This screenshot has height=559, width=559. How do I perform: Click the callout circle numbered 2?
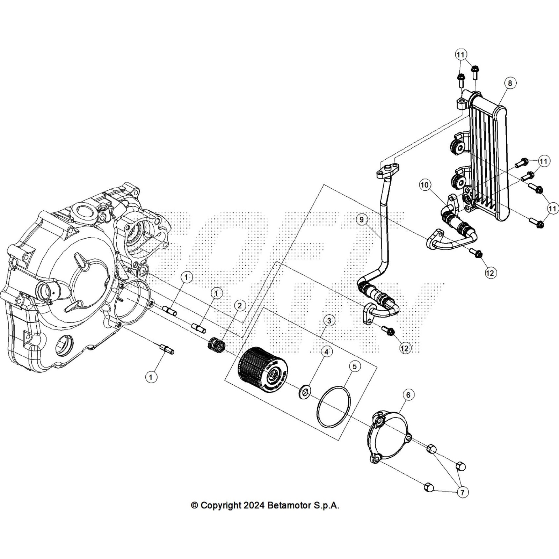[239, 306]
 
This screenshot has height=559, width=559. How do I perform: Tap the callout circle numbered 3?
[329, 320]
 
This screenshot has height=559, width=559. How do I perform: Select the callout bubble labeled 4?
[326, 352]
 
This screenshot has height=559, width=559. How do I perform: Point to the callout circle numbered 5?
[355, 366]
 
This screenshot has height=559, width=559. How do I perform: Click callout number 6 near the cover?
[408, 395]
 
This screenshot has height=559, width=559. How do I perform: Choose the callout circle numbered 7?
[462, 493]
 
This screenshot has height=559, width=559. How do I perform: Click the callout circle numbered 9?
[362, 219]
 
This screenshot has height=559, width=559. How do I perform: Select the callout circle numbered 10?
[425, 185]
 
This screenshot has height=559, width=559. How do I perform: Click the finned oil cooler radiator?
[489, 157]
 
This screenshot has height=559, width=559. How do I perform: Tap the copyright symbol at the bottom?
[195, 505]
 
